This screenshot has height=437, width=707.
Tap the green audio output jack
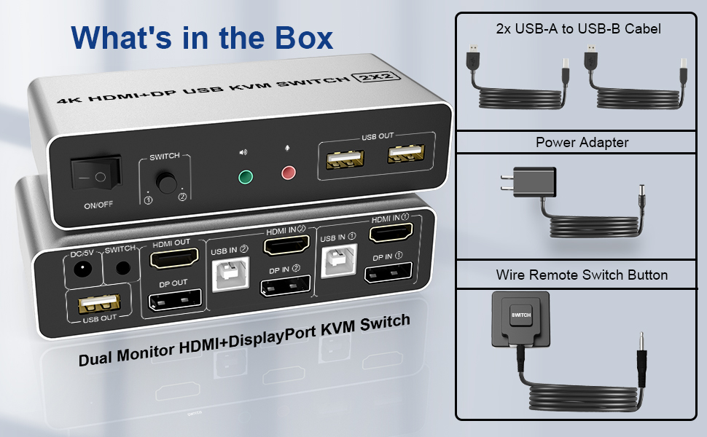[x=246, y=177]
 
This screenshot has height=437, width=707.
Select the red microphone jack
[x=289, y=173]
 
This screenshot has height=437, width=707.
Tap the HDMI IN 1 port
[x=391, y=234]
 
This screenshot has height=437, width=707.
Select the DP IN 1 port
[x=388, y=275]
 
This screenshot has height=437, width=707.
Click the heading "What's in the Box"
[x=202, y=37]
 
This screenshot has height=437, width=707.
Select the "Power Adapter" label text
[x=582, y=142]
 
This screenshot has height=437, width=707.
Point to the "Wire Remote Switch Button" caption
[x=582, y=275]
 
